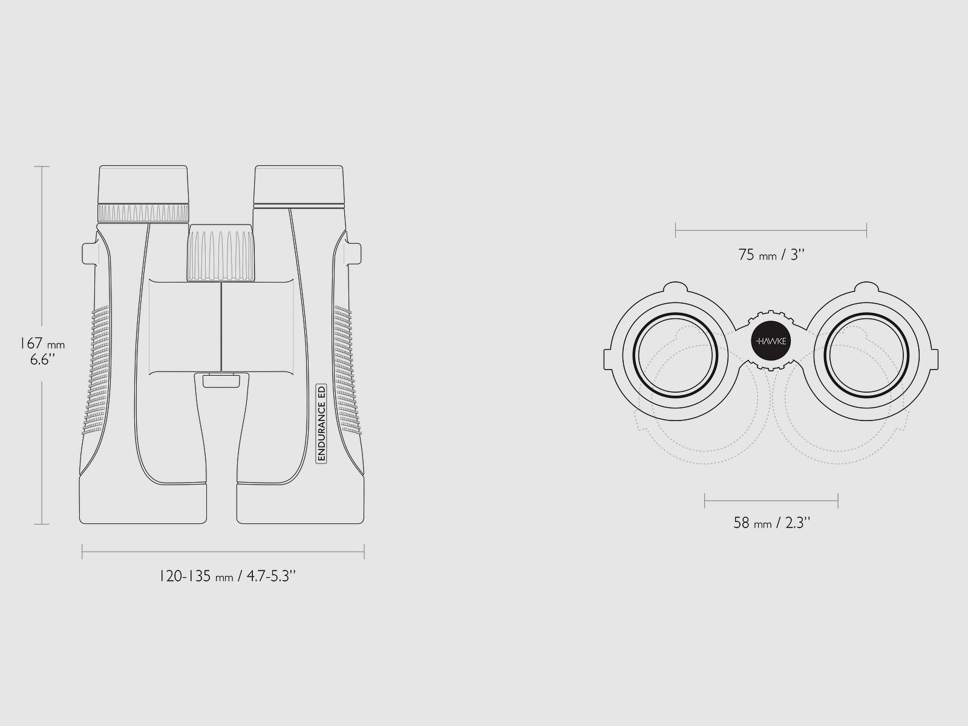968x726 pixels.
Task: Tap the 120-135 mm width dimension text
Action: (227, 576)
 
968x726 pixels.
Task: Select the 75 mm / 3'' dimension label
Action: (771, 255)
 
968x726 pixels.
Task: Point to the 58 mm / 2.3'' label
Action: (772, 523)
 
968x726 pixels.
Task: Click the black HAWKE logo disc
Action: (771, 341)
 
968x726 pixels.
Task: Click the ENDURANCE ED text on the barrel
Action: (321, 423)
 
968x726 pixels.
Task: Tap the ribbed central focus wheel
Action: (221, 253)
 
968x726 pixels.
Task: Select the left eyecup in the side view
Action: (143, 185)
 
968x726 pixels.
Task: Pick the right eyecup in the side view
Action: (299, 186)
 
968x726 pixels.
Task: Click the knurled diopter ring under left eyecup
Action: (143, 214)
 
